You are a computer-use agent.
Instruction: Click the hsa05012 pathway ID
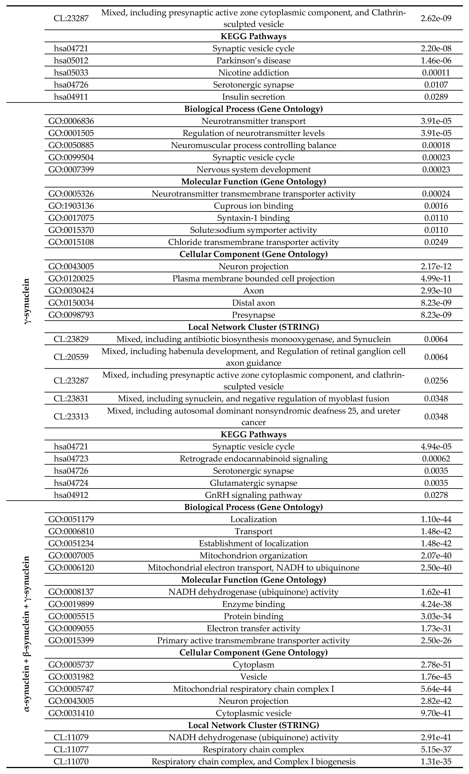[x=71, y=60]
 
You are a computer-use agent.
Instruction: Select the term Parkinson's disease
[x=253, y=60]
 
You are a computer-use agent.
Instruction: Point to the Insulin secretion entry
[x=253, y=97]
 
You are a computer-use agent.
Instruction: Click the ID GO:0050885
[x=71, y=145]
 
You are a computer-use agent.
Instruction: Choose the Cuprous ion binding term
[x=253, y=206]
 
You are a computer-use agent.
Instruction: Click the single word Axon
[x=253, y=291]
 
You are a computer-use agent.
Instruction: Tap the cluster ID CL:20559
[x=71, y=357]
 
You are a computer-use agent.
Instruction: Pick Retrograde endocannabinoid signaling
[x=253, y=459]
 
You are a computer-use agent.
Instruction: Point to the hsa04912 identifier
[x=71, y=495]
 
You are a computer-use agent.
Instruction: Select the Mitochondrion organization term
[x=253, y=555]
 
